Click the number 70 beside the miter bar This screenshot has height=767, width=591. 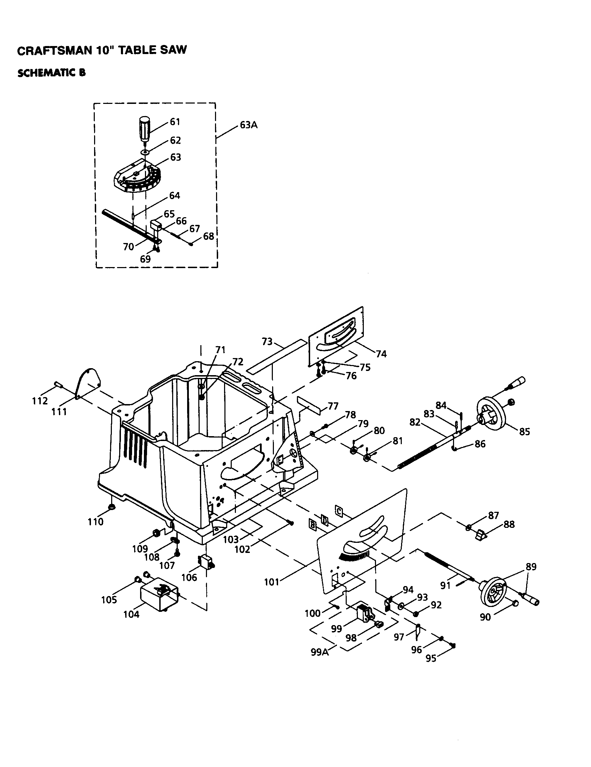click(x=129, y=247)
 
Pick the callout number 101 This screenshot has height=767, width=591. click(x=271, y=582)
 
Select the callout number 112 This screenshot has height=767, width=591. click(x=40, y=401)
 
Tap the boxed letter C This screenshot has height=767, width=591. click(x=339, y=511)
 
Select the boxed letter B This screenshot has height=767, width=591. click(x=312, y=525)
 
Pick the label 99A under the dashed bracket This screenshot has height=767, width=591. click(x=320, y=652)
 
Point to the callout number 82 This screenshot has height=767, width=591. click(x=415, y=422)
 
